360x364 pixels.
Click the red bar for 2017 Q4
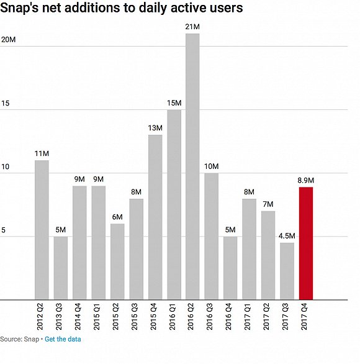point(306,243)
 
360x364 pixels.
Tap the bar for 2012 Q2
point(42,230)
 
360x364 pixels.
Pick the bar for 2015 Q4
point(155,217)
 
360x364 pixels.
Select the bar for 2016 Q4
point(230,268)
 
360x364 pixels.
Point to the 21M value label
point(192,26)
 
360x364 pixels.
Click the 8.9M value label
point(306,180)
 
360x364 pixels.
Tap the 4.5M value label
point(287,235)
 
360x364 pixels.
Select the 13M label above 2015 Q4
point(155,128)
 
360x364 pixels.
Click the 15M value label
point(174,102)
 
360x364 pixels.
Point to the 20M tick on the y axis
point(8,40)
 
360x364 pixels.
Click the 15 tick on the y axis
point(6,104)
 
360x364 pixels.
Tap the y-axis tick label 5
point(3,230)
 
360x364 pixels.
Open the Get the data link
point(63,339)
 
